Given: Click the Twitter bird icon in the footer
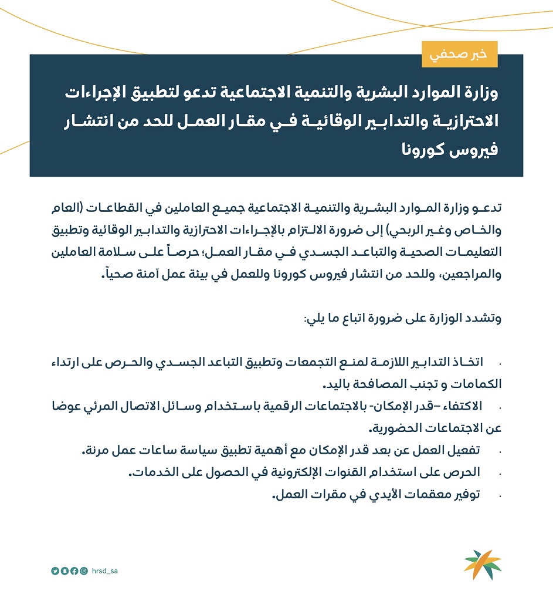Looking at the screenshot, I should [55, 570].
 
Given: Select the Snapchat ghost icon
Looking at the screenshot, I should [65, 570].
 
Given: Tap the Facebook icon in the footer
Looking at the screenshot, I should [74, 570].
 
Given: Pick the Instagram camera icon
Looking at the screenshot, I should [84, 570].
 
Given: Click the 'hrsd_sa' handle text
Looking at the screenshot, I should [106, 570].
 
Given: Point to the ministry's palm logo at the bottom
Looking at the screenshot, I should [482, 564].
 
